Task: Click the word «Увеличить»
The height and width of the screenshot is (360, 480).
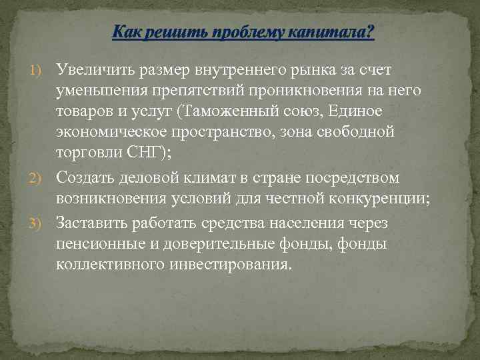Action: (x=95, y=69)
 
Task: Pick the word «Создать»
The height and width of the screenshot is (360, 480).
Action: (x=86, y=178)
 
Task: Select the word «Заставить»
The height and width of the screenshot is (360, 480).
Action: (x=95, y=221)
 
